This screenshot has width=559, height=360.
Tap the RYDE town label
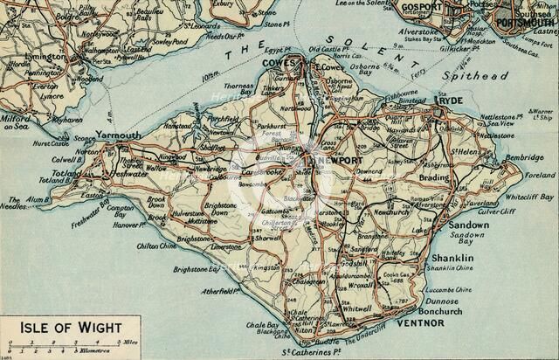[x=454, y=100]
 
